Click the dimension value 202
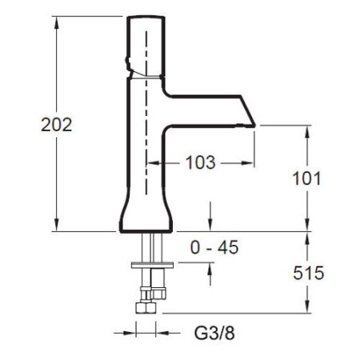57,125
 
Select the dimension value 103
201,162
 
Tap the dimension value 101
306,178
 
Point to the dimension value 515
309,273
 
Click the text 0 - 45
214,247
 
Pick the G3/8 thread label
214,333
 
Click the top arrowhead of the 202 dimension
56,22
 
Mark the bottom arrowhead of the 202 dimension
56,225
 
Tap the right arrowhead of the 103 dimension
248,162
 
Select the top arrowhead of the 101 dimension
307,131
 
